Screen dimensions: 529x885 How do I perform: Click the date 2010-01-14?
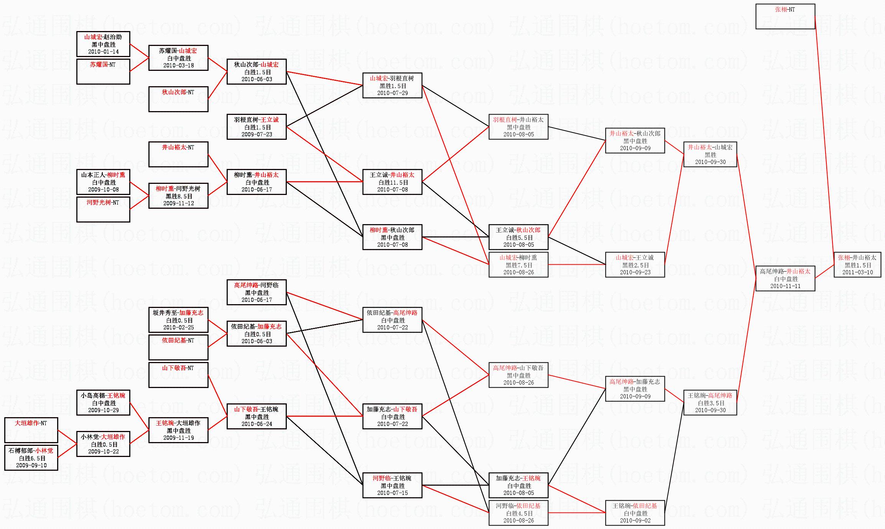(x=103, y=52)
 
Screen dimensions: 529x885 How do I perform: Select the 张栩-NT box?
(x=785, y=16)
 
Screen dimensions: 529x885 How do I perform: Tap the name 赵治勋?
(x=112, y=37)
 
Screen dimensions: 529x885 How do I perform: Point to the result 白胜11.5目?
(x=393, y=183)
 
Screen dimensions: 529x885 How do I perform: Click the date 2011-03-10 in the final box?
(x=857, y=272)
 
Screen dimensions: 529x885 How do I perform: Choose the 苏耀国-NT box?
(x=103, y=71)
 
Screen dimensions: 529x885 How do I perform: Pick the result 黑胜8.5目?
(x=179, y=196)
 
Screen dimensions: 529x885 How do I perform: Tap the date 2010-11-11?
(x=785, y=286)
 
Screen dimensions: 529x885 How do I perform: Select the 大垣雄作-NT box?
(x=31, y=430)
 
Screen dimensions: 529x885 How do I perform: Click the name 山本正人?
(x=93, y=175)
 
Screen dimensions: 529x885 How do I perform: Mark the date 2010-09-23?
(x=635, y=272)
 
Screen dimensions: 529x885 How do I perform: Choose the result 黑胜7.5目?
(x=518, y=265)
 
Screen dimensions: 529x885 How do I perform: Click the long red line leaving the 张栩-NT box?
(x=824, y=138)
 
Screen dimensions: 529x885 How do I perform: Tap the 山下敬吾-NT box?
(x=178, y=375)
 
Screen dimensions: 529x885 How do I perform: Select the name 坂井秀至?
(x=165, y=313)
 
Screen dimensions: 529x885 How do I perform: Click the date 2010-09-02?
(x=635, y=521)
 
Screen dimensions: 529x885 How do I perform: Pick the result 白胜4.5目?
(x=519, y=513)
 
